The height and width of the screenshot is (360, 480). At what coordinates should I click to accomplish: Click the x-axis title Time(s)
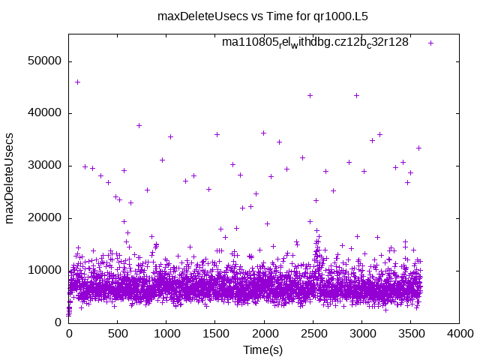click(x=263, y=349)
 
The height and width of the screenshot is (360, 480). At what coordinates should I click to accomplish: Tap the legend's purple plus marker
click(x=430, y=43)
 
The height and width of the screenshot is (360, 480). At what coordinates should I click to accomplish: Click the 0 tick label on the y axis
click(x=58, y=322)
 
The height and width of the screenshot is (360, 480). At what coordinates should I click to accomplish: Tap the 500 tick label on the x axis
click(x=118, y=334)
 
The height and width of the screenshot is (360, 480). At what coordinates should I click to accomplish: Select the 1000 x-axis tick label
click(x=166, y=334)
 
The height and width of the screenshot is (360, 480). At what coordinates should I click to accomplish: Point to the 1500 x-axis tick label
click(x=215, y=334)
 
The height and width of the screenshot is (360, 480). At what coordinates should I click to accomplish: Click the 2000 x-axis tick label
click(x=264, y=334)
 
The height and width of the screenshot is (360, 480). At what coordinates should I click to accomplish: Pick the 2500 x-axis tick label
click(x=313, y=334)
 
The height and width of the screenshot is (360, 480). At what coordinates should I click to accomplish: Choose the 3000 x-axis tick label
click(x=361, y=334)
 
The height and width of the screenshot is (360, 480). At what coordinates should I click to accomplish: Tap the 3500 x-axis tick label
click(x=410, y=334)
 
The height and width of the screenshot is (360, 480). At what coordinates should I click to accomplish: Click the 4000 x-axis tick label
click(x=459, y=334)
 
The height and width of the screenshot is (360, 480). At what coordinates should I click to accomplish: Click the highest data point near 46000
click(x=77, y=82)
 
